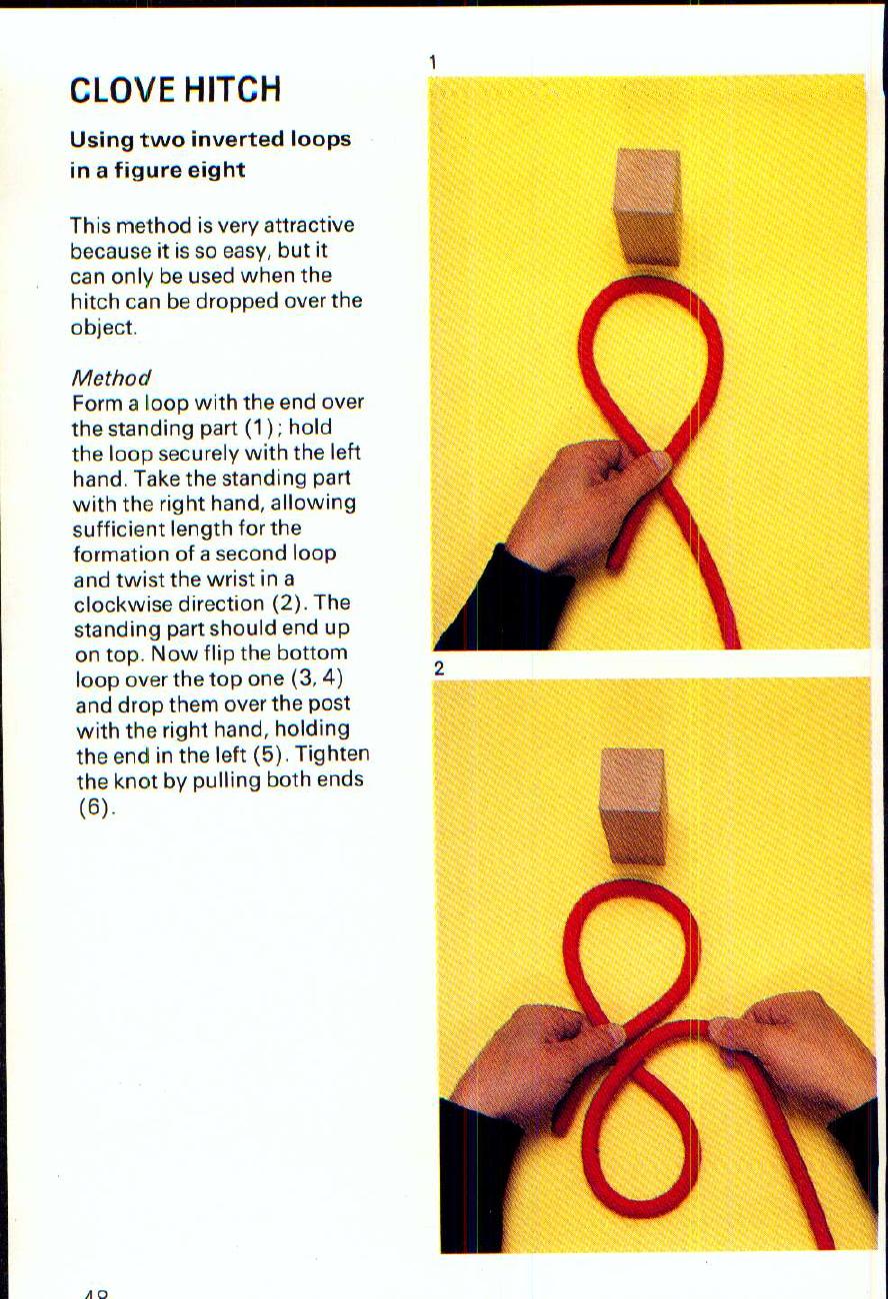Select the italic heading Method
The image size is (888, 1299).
(110, 378)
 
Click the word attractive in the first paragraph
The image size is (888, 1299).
(305, 226)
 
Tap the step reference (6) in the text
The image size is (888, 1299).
(92, 807)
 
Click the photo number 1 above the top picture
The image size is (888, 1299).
(433, 63)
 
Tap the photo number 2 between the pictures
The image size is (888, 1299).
(438, 669)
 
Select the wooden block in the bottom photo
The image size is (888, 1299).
(632, 806)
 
